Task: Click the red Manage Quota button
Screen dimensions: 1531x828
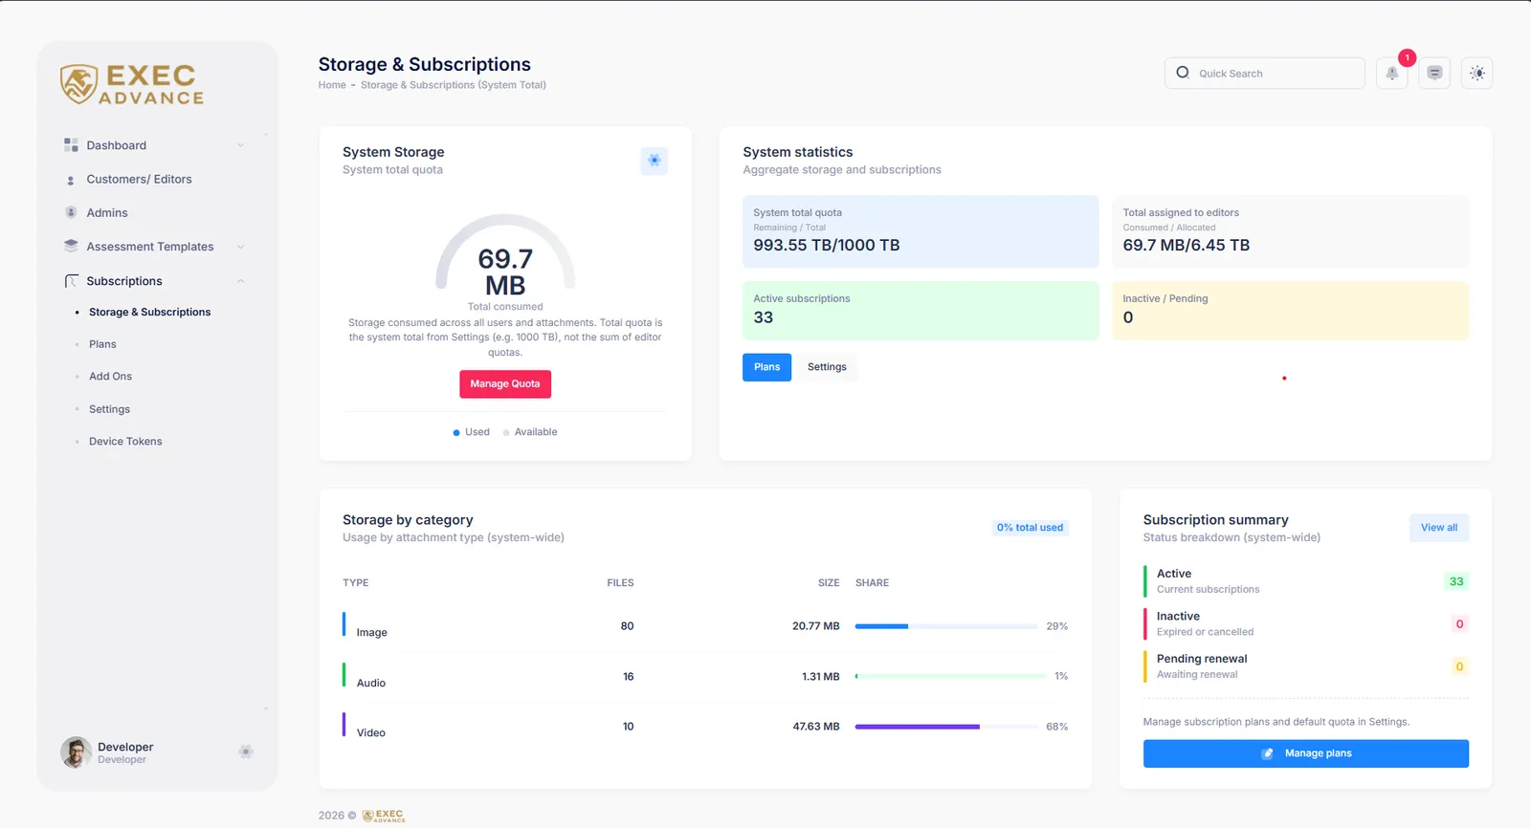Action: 505,384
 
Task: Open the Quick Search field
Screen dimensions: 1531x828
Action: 1264,73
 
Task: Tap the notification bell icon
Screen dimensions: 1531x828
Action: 1391,73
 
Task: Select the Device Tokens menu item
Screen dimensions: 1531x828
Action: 125,442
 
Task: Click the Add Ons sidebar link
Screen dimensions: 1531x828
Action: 110,377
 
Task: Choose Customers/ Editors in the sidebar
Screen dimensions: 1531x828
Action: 139,179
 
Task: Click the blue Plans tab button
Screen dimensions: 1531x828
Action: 766,367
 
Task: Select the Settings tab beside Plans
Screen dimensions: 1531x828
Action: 827,367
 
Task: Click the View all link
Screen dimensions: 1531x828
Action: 1439,528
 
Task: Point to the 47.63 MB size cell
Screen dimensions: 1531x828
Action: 816,727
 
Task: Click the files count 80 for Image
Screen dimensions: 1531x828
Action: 627,626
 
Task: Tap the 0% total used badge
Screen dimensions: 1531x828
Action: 1030,528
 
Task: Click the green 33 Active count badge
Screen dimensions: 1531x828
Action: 1456,581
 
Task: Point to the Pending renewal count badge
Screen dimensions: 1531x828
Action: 1459,666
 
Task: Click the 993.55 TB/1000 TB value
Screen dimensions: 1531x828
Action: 827,246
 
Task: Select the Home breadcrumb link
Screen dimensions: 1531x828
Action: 332,85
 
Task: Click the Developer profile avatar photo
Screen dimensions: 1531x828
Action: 76,752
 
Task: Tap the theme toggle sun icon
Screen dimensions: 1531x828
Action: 1477,73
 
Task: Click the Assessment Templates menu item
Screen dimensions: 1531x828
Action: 149,247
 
